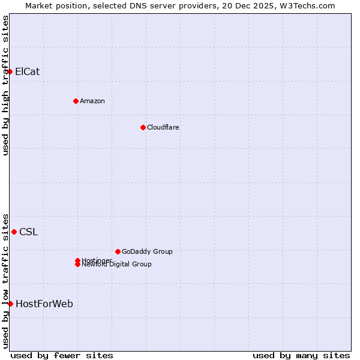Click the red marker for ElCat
coord(10,72)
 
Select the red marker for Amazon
coord(76,101)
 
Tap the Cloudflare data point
coord(143,127)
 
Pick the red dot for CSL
coord(14,232)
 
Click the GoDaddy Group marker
coord(118,251)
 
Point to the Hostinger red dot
coord(77,260)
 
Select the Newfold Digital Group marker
coord(77,265)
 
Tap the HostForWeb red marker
coord(10,304)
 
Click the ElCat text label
coord(28,72)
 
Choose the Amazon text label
coord(92,101)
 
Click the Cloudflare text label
coord(163,127)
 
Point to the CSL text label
coord(29,232)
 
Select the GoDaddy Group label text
coord(147,251)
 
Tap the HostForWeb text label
coord(44,304)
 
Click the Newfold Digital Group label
coord(117,265)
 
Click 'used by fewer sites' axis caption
coord(62,355)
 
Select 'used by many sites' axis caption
coord(301,355)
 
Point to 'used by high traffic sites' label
coord(5,85)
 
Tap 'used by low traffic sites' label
coord(5,280)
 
